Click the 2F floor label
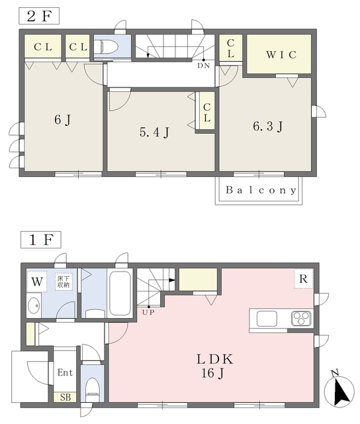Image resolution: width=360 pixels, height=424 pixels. pyautogui.click(x=39, y=16)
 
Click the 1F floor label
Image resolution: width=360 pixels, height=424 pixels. pyautogui.click(x=41, y=240)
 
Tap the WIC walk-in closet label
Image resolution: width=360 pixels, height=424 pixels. pyautogui.click(x=281, y=54)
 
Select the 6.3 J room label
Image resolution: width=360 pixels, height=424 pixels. pyautogui.click(x=267, y=127)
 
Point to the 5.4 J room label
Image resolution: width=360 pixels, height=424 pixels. pyautogui.click(x=154, y=132)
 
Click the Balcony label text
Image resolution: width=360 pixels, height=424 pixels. pyautogui.click(x=261, y=190)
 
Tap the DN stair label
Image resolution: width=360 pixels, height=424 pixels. pyautogui.click(x=203, y=66)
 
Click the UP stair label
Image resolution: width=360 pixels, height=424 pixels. pyautogui.click(x=148, y=312)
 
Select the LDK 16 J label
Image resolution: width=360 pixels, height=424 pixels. pyautogui.click(x=214, y=366)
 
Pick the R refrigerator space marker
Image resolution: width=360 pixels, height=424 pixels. pyautogui.click(x=303, y=278)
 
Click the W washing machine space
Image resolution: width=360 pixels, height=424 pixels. pyautogui.click(x=37, y=282)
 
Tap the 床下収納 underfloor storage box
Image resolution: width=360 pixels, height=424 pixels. pyautogui.click(x=64, y=282)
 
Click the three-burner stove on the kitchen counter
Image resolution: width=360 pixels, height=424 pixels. pyautogui.click(x=301, y=318)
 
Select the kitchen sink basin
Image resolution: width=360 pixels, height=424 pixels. pyautogui.click(x=267, y=319)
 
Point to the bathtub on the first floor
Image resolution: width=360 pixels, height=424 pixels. pyautogui.click(x=120, y=293)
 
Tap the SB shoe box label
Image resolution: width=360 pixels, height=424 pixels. pyautogui.click(x=66, y=397)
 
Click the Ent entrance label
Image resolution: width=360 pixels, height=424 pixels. pyautogui.click(x=65, y=372)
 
